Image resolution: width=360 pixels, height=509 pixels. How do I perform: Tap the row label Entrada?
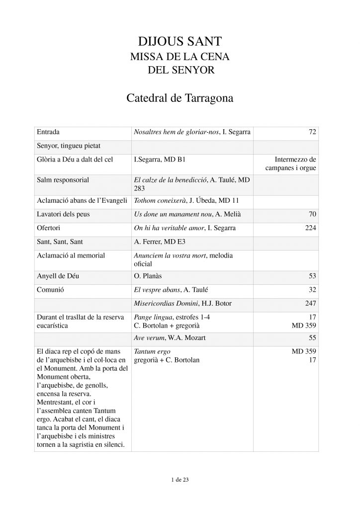coord(48,133)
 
